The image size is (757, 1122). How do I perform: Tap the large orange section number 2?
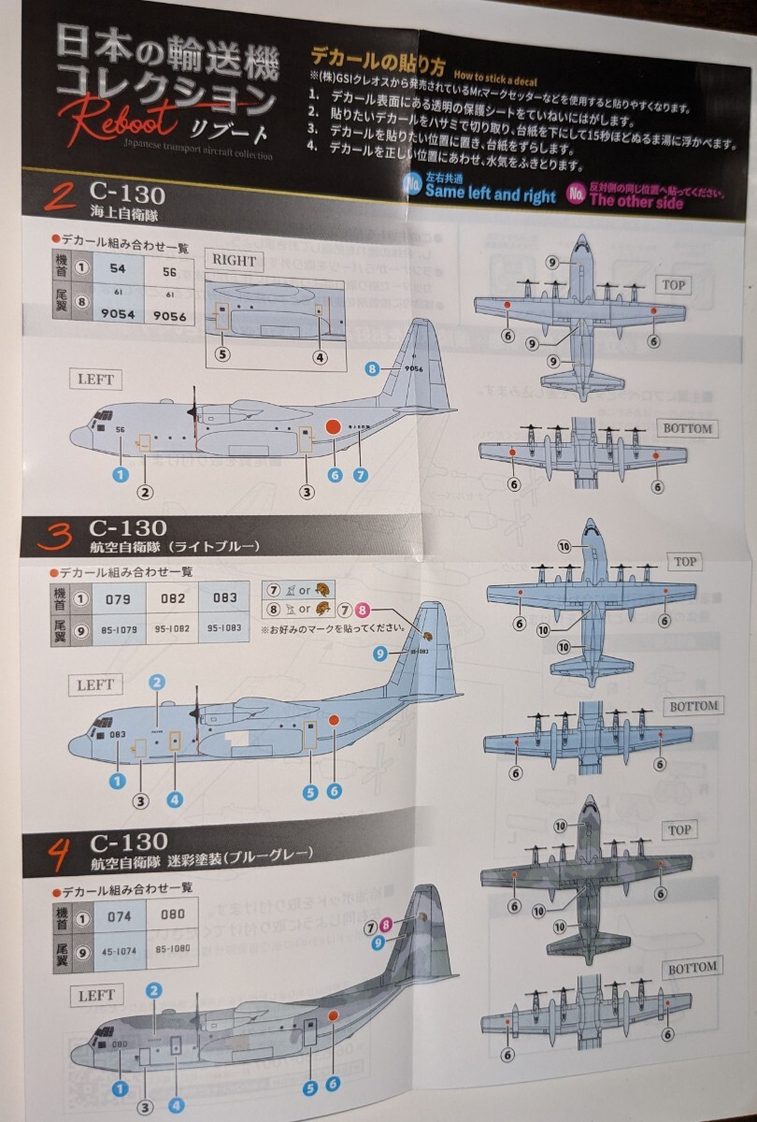coord(62,197)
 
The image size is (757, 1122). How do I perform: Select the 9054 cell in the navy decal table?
coord(118,315)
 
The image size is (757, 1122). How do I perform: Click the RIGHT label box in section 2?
coord(234,260)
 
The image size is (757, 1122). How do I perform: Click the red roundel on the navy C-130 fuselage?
coord(332,428)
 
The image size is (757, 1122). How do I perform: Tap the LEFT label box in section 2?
coord(95,380)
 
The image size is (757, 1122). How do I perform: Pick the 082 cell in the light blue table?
coord(173,598)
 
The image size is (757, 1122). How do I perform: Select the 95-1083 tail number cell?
coord(224,628)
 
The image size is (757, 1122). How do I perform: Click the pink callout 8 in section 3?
coord(363,610)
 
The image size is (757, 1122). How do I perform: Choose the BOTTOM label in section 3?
coord(693,706)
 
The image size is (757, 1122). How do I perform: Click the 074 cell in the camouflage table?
coord(120,916)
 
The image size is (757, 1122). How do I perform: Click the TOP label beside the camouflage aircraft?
coord(679,830)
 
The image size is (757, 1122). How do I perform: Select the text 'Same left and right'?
coord(490,194)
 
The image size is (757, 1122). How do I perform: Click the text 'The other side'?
coord(636,201)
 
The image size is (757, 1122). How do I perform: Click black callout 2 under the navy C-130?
coord(146,492)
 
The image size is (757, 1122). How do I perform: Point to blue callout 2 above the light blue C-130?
coord(157,683)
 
